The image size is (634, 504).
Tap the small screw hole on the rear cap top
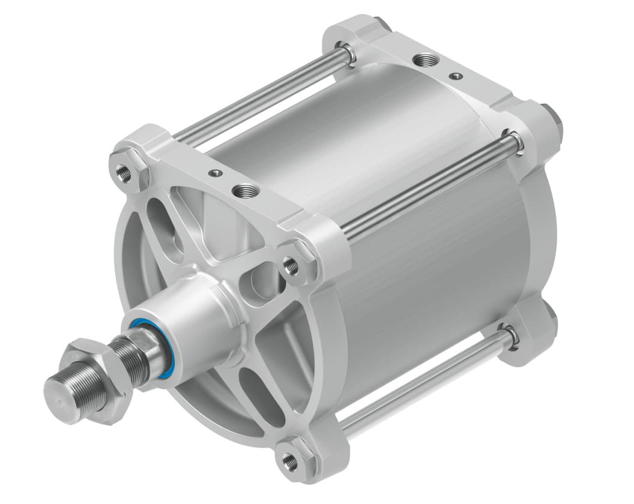[x=457, y=76]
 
